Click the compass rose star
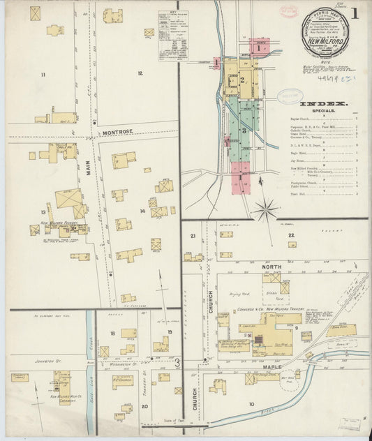pos(265,207)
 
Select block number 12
pos(140,73)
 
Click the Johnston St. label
pos(40,361)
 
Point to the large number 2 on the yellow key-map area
pos(242,80)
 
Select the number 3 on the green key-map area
pos(244,130)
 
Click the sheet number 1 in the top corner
pos(355,13)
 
